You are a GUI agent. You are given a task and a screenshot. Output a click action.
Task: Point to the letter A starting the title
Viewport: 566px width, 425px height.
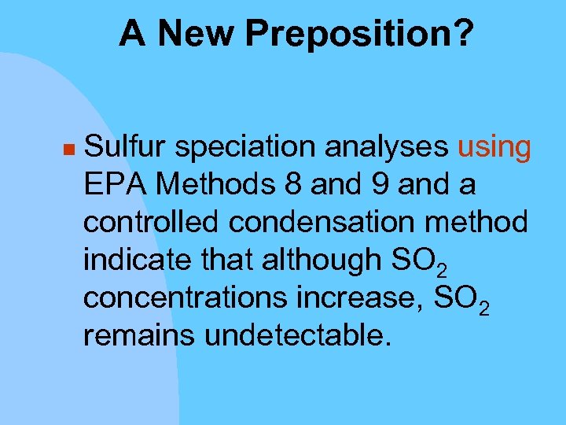point(132,34)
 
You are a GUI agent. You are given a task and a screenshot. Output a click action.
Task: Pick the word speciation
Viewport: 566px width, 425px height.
point(246,147)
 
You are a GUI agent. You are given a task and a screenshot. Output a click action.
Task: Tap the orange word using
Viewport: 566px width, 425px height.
point(494,147)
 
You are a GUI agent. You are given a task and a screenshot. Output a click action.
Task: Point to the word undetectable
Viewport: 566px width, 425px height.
point(296,336)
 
